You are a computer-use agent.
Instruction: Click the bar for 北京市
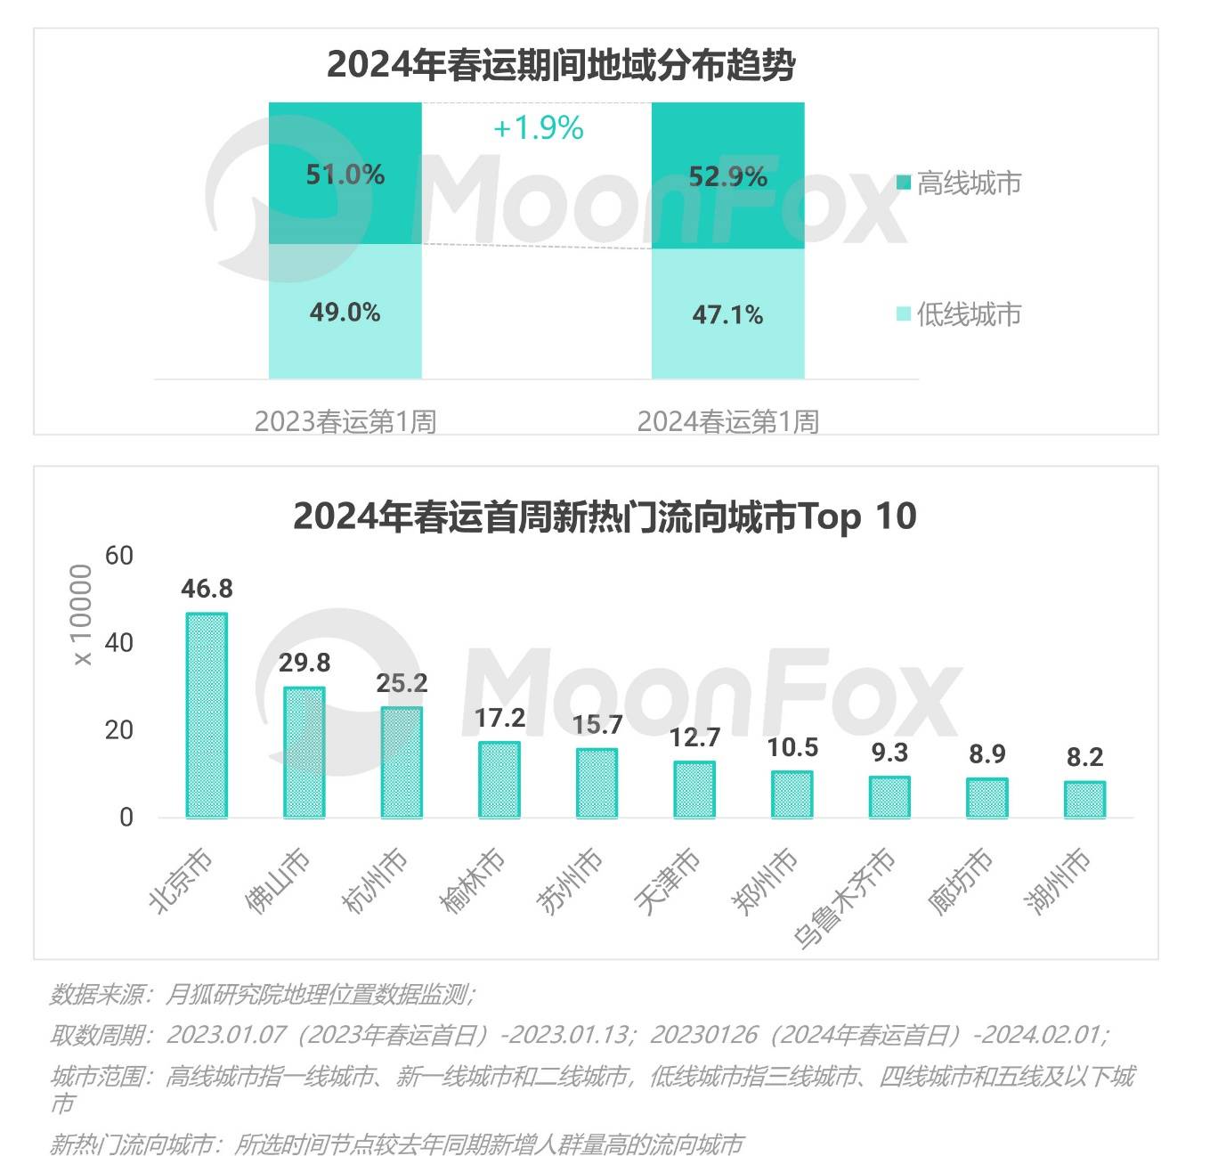point(207,714)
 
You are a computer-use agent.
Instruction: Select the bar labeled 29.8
point(304,752)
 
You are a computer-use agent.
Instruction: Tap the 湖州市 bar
point(1084,799)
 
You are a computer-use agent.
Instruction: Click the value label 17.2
point(500,718)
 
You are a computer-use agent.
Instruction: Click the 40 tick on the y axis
point(118,642)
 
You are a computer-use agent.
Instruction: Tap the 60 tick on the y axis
point(118,555)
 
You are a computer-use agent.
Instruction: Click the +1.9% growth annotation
point(538,128)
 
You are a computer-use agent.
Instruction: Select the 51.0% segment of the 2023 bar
point(345,174)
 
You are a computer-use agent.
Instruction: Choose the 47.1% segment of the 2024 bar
point(727,314)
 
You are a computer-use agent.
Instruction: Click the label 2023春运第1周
point(345,421)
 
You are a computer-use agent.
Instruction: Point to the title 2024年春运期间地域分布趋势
point(561,65)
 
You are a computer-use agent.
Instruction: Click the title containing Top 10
point(604,517)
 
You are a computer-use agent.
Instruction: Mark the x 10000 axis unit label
point(82,615)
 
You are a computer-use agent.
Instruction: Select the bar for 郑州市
point(792,794)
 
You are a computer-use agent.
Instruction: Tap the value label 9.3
point(889,753)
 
